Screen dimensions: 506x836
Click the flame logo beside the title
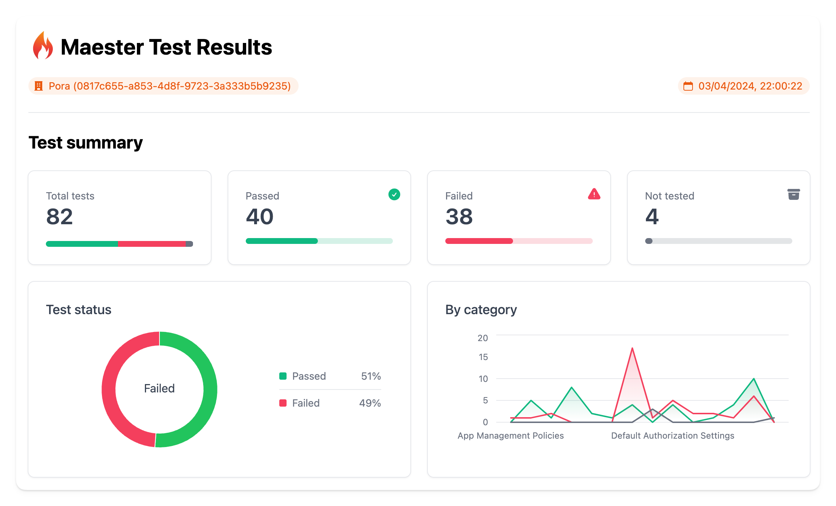(x=43, y=46)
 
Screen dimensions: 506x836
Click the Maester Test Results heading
(x=166, y=47)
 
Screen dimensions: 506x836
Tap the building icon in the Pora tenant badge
(x=39, y=86)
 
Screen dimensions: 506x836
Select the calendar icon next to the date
(x=688, y=86)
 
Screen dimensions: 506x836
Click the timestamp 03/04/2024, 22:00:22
(x=750, y=86)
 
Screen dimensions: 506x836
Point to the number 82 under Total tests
(x=60, y=217)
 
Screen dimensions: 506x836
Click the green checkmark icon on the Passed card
(x=394, y=194)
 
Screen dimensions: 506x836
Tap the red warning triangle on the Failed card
(x=594, y=194)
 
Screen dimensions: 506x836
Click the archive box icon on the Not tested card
(x=793, y=194)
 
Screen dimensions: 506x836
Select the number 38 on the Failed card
(x=459, y=217)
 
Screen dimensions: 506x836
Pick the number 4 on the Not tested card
(x=652, y=217)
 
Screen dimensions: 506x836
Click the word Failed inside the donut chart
(x=159, y=388)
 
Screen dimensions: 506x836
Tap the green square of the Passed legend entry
(x=283, y=376)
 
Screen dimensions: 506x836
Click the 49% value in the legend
(x=370, y=403)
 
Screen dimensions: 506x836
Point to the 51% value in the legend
(x=371, y=376)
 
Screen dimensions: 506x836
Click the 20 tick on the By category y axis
(x=482, y=338)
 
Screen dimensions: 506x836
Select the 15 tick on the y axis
(x=483, y=357)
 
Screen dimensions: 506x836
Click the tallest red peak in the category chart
(x=632, y=349)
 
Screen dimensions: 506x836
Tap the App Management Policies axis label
(x=510, y=435)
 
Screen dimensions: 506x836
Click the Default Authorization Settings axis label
(x=673, y=435)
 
